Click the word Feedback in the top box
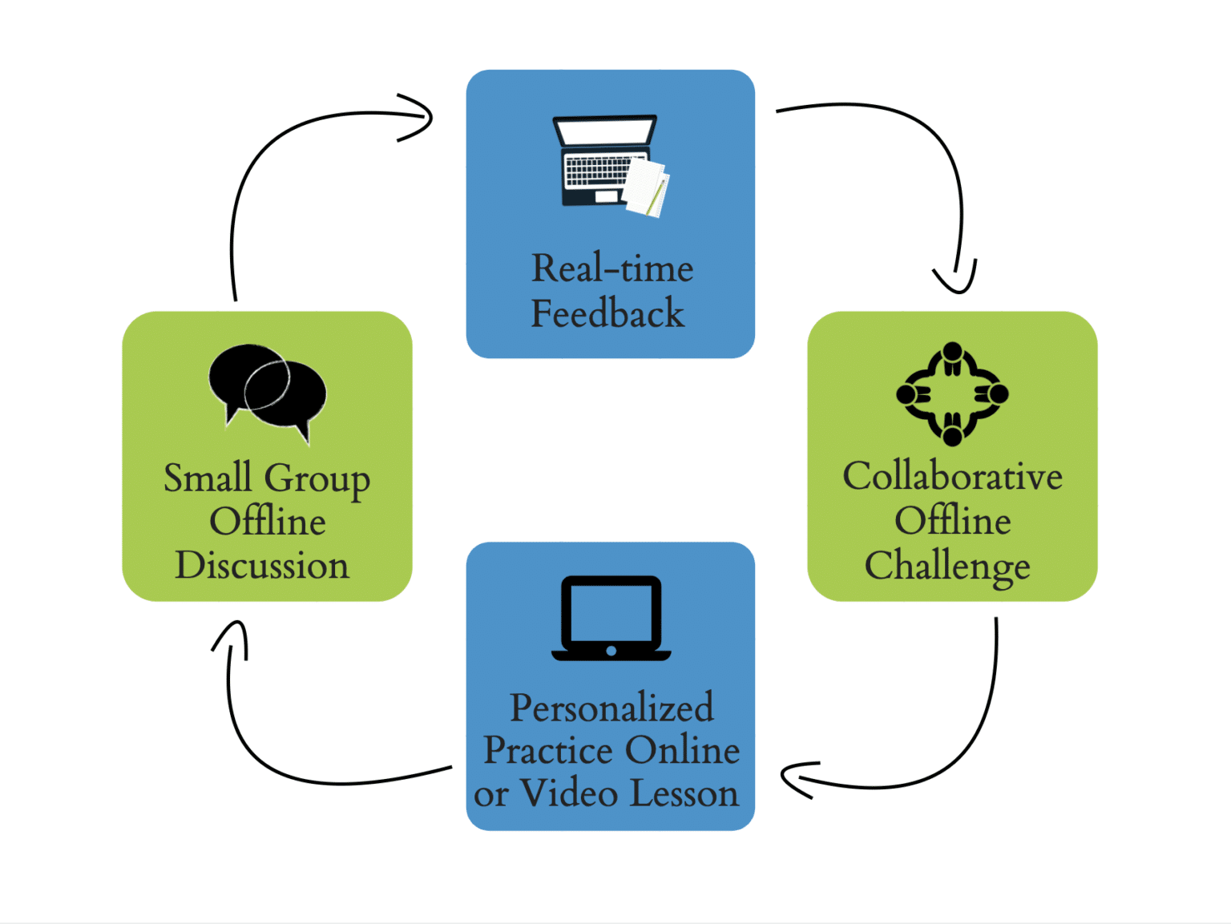coord(607,313)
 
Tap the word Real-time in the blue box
coord(612,268)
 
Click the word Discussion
coord(262,566)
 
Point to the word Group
coord(317,479)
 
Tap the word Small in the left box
coord(208,478)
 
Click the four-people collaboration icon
coord(952,393)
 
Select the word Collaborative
coord(952,477)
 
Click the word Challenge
coord(947,567)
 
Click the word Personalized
coord(611,708)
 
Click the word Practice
coord(549,751)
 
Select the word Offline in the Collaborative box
coord(952,522)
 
